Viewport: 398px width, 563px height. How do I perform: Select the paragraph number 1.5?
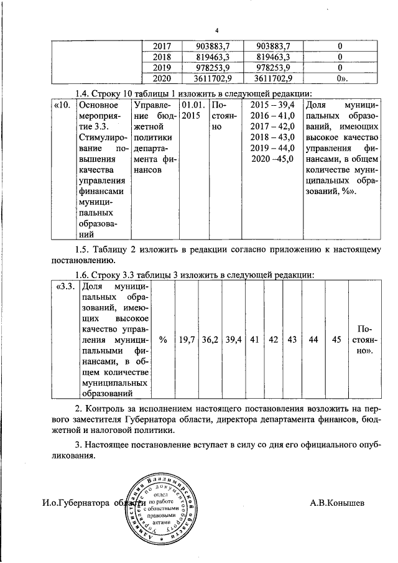[x=82, y=249]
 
